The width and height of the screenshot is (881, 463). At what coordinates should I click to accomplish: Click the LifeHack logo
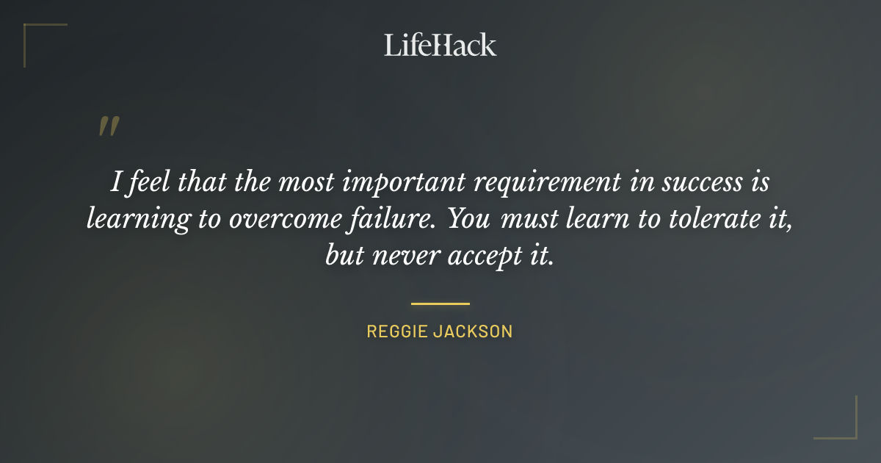(x=440, y=45)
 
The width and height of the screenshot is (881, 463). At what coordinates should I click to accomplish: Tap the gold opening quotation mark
(x=108, y=127)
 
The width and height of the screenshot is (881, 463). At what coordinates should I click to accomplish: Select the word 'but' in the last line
(x=342, y=256)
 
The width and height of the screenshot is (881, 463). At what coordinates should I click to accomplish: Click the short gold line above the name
(x=440, y=303)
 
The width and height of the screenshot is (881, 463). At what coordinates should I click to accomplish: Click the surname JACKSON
(x=472, y=331)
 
